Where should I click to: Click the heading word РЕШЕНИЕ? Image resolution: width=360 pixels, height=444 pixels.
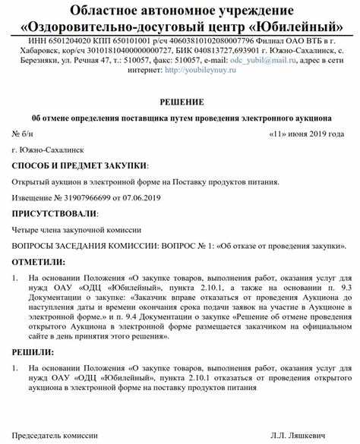[x=180, y=102]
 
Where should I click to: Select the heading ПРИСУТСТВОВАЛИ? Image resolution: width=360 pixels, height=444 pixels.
[x=55, y=213]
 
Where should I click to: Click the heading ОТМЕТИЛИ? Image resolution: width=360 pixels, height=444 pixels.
[x=37, y=262]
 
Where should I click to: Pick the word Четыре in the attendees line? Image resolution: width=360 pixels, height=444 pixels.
[x=27, y=229]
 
